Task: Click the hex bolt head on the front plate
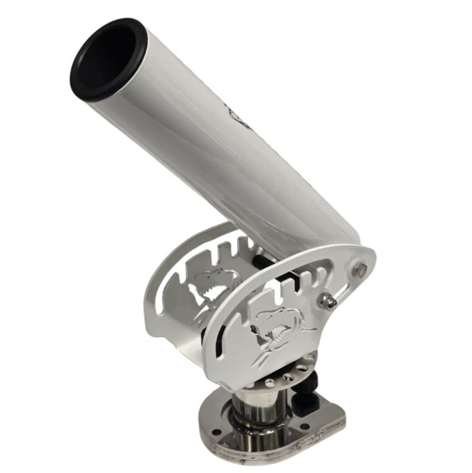point(360,269)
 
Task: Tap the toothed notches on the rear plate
point(230,253)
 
